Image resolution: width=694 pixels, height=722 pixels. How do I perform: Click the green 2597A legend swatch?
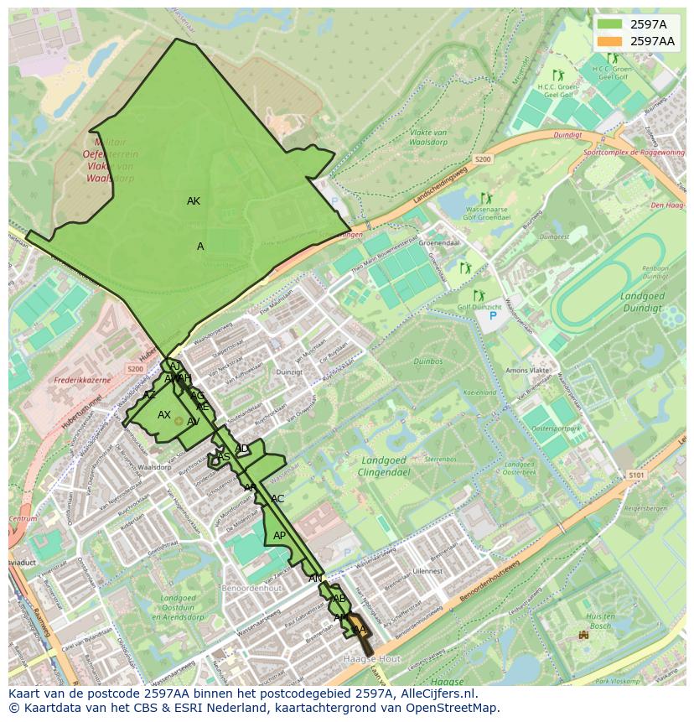click(610, 24)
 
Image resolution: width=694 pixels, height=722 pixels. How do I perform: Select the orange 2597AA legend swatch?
click(610, 41)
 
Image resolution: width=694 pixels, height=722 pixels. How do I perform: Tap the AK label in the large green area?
click(194, 201)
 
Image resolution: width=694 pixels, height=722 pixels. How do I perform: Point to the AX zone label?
click(164, 415)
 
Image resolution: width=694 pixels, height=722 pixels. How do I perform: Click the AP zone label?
click(279, 536)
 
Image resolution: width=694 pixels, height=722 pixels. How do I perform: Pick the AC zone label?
click(277, 499)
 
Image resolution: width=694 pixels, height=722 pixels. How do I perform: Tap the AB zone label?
click(339, 599)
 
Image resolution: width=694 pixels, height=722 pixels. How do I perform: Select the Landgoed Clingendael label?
click(384, 465)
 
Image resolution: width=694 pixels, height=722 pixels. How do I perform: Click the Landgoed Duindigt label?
click(643, 302)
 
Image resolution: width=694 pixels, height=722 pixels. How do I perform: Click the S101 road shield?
click(636, 475)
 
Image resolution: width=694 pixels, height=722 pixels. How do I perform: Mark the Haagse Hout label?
click(371, 659)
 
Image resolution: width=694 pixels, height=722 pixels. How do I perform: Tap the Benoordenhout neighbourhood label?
click(251, 589)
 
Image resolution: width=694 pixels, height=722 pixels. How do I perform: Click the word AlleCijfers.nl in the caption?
click(436, 694)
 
